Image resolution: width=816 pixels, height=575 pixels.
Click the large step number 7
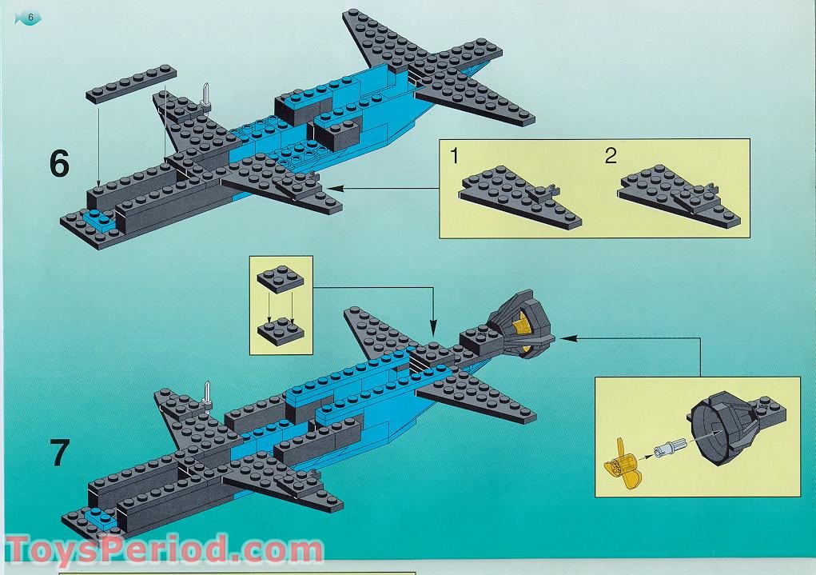59,453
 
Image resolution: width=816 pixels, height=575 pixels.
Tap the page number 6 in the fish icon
30,18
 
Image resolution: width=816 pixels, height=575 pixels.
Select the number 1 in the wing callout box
454,156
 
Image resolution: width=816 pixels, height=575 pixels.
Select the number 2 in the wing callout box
611,156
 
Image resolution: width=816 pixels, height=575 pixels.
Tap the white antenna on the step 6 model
207,98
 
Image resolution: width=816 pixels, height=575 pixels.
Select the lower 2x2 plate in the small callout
281,331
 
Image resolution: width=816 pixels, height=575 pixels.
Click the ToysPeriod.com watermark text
164,551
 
